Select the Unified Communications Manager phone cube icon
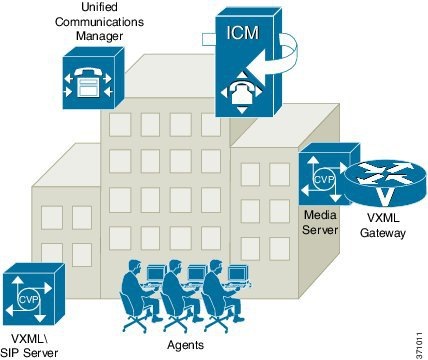pyautogui.click(x=89, y=81)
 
